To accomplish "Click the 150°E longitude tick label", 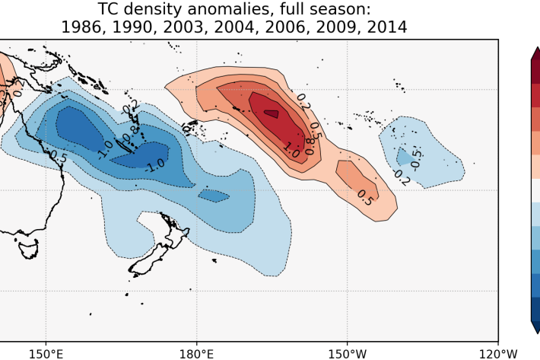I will coord(45,353).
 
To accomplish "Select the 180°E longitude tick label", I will coord(195,353).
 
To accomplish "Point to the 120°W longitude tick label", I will coord(497,353).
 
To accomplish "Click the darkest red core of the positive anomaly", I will coord(271,113).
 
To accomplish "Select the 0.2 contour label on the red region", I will coord(303,100).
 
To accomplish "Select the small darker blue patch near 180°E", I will coord(214,196).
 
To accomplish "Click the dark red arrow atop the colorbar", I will coord(536,55).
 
